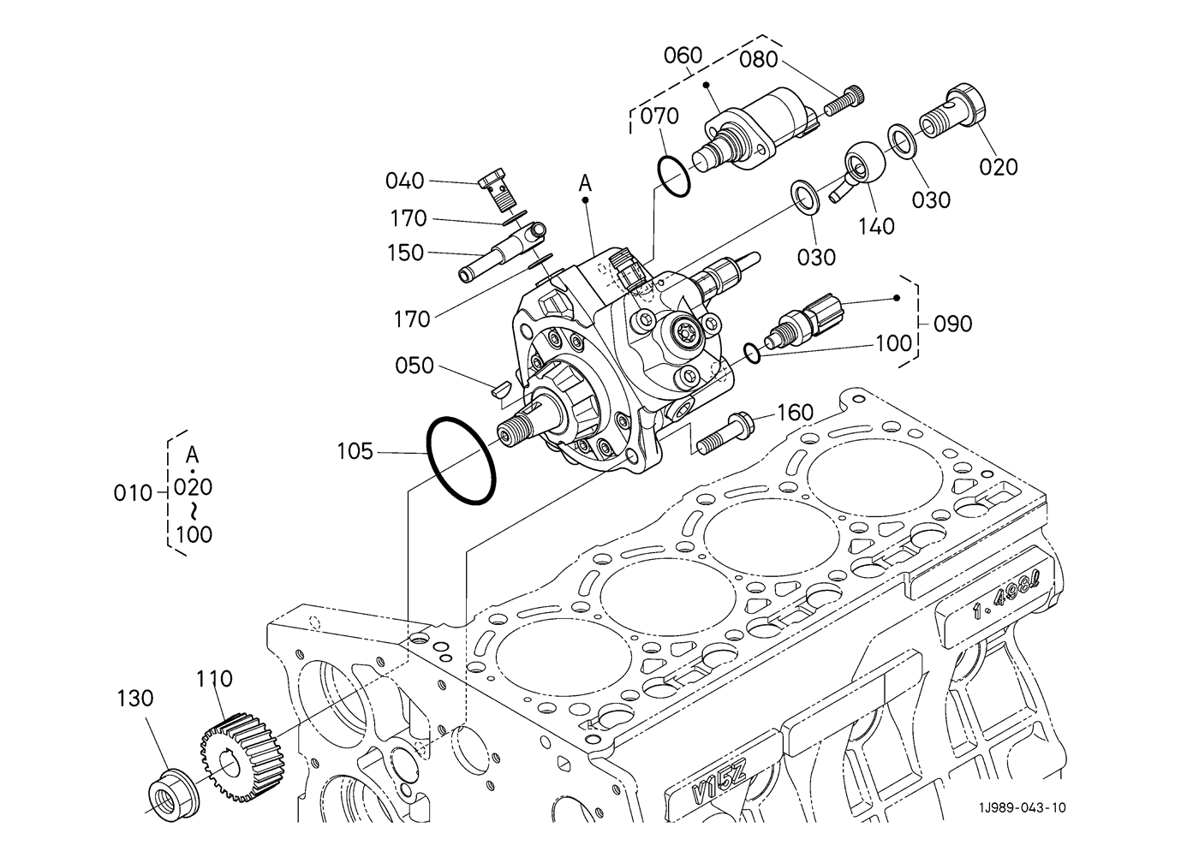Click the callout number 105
click(355, 451)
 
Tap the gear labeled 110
click(242, 758)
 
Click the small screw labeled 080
click(844, 101)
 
